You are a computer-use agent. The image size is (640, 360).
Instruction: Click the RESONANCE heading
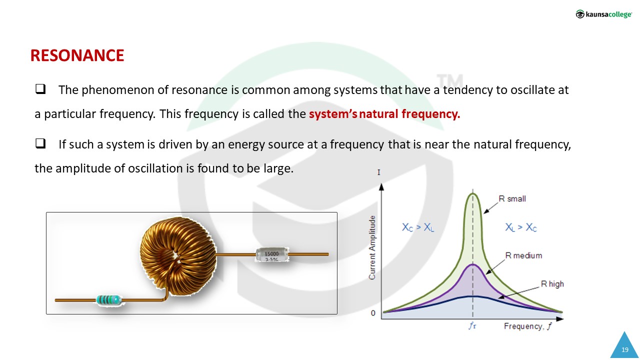77,55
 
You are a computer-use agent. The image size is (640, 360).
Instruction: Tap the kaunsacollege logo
603,14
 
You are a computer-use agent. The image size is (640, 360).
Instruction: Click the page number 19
625,349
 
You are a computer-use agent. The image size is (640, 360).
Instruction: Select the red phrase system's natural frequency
384,114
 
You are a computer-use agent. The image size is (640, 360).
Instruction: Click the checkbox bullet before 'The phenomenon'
40,89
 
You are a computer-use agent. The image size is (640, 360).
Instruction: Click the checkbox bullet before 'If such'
40,143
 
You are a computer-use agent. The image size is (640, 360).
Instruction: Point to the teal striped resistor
109,300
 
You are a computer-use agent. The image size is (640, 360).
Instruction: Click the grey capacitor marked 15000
271,254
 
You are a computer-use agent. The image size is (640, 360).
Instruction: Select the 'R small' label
512,198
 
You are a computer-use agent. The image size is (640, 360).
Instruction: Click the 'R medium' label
523,255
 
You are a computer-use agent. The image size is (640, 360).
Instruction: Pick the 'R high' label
552,284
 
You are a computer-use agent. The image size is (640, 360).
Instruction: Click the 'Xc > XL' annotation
418,227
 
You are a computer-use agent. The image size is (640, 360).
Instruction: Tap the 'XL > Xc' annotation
521,227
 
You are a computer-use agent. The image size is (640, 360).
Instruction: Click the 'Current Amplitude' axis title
372,247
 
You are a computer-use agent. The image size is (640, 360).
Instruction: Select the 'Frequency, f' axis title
528,326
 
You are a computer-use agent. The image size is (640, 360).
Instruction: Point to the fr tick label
472,325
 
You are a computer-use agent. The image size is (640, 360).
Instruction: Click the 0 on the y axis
373,313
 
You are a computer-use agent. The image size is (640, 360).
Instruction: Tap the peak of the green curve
473,193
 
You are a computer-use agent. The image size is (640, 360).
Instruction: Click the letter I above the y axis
379,172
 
